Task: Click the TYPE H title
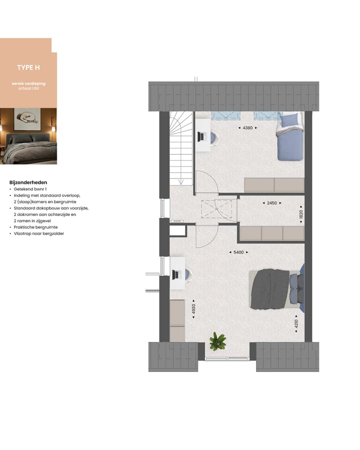pos(28,67)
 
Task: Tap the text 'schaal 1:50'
pos(28,88)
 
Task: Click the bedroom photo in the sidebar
pos(28,136)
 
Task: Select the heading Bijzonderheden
pos(28,182)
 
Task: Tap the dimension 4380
pos(247,128)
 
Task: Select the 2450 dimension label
pos(272,203)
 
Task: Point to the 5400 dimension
pos(238,252)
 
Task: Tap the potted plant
pos(217,341)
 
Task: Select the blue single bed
pos(289,138)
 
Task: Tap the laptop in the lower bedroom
pos(176,274)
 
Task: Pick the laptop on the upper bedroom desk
pos(202,136)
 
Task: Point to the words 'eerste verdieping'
pos(28,83)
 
